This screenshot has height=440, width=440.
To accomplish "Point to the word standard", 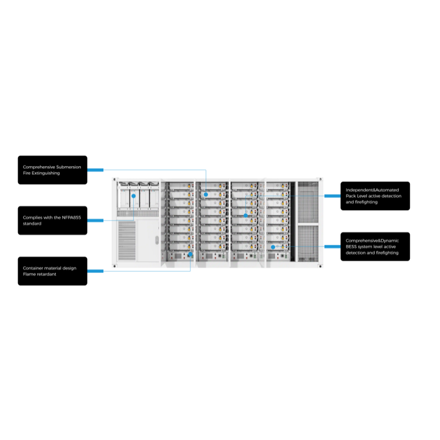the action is tap(32, 224).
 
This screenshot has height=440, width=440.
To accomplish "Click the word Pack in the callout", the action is tap(351, 196).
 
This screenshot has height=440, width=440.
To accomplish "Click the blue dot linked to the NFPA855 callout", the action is tap(134, 195).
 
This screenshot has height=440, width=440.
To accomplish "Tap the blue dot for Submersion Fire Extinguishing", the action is tap(205, 194).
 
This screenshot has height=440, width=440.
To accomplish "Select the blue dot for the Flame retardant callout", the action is tap(190, 254).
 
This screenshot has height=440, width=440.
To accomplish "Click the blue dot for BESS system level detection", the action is tap(273, 247).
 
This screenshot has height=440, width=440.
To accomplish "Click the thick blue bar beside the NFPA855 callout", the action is tap(95, 221).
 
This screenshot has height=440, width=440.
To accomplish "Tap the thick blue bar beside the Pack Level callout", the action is tap(332, 196).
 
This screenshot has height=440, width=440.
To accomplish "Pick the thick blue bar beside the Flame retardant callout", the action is tap(95, 271).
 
